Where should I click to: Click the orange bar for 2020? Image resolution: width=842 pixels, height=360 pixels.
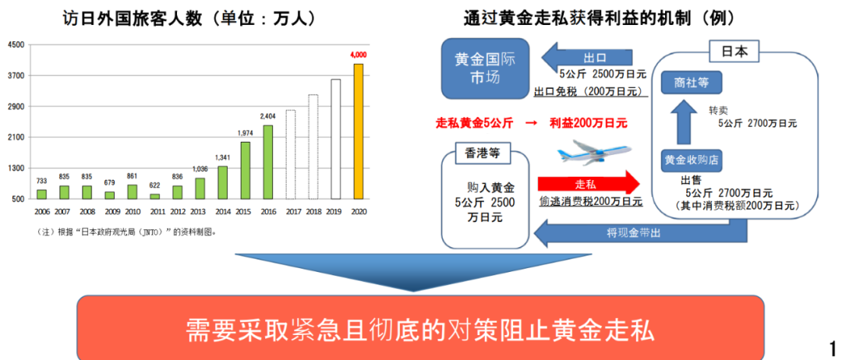click(358, 132)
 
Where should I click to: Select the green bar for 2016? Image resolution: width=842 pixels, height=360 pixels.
click(267, 162)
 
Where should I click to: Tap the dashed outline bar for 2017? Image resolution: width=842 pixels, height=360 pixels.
click(291, 154)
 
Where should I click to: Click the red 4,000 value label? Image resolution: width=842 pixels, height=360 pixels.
click(358, 55)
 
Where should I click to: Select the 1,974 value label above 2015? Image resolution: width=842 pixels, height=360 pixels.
click(245, 133)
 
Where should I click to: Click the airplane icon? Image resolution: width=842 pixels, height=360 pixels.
click(594, 151)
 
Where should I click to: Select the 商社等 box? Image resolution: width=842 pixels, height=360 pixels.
click(691, 83)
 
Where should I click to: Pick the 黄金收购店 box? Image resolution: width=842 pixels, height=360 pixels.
click(691, 160)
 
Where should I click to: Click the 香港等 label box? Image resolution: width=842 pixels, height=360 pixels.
click(479, 152)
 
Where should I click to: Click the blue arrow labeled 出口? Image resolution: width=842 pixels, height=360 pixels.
click(587, 56)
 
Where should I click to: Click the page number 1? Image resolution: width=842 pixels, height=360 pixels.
click(833, 346)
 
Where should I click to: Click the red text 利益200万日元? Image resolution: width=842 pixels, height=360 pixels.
click(589, 123)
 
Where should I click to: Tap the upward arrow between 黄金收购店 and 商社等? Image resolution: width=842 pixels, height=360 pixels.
click(684, 122)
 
